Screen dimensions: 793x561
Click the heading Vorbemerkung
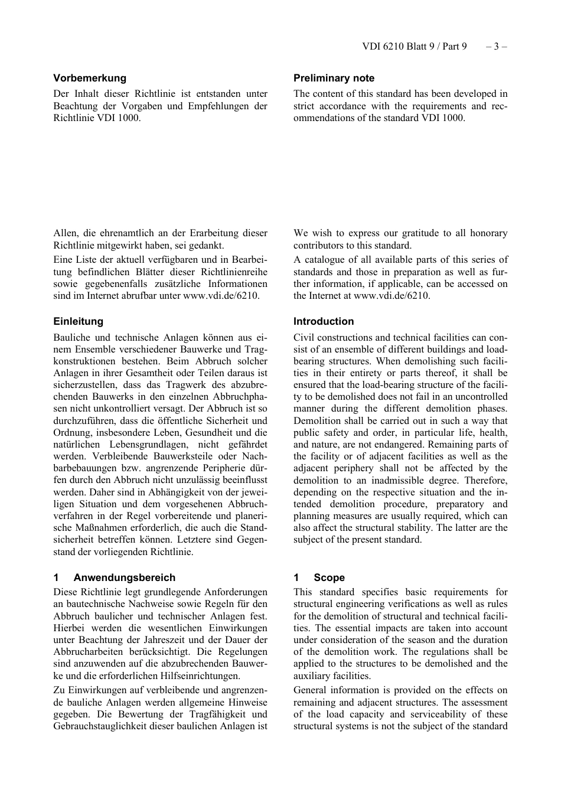point(90,78)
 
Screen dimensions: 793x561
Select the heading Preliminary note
point(334,78)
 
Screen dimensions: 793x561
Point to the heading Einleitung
point(78,321)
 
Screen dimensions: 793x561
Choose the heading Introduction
point(324,321)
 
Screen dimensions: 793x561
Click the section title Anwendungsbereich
point(124,577)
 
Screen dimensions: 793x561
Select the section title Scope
point(329,577)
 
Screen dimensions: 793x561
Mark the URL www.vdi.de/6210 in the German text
point(221,296)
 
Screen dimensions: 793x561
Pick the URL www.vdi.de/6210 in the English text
point(392,296)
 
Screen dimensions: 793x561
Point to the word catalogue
point(323,260)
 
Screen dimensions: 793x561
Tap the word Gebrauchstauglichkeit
point(101,726)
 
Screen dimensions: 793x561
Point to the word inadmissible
point(402,481)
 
